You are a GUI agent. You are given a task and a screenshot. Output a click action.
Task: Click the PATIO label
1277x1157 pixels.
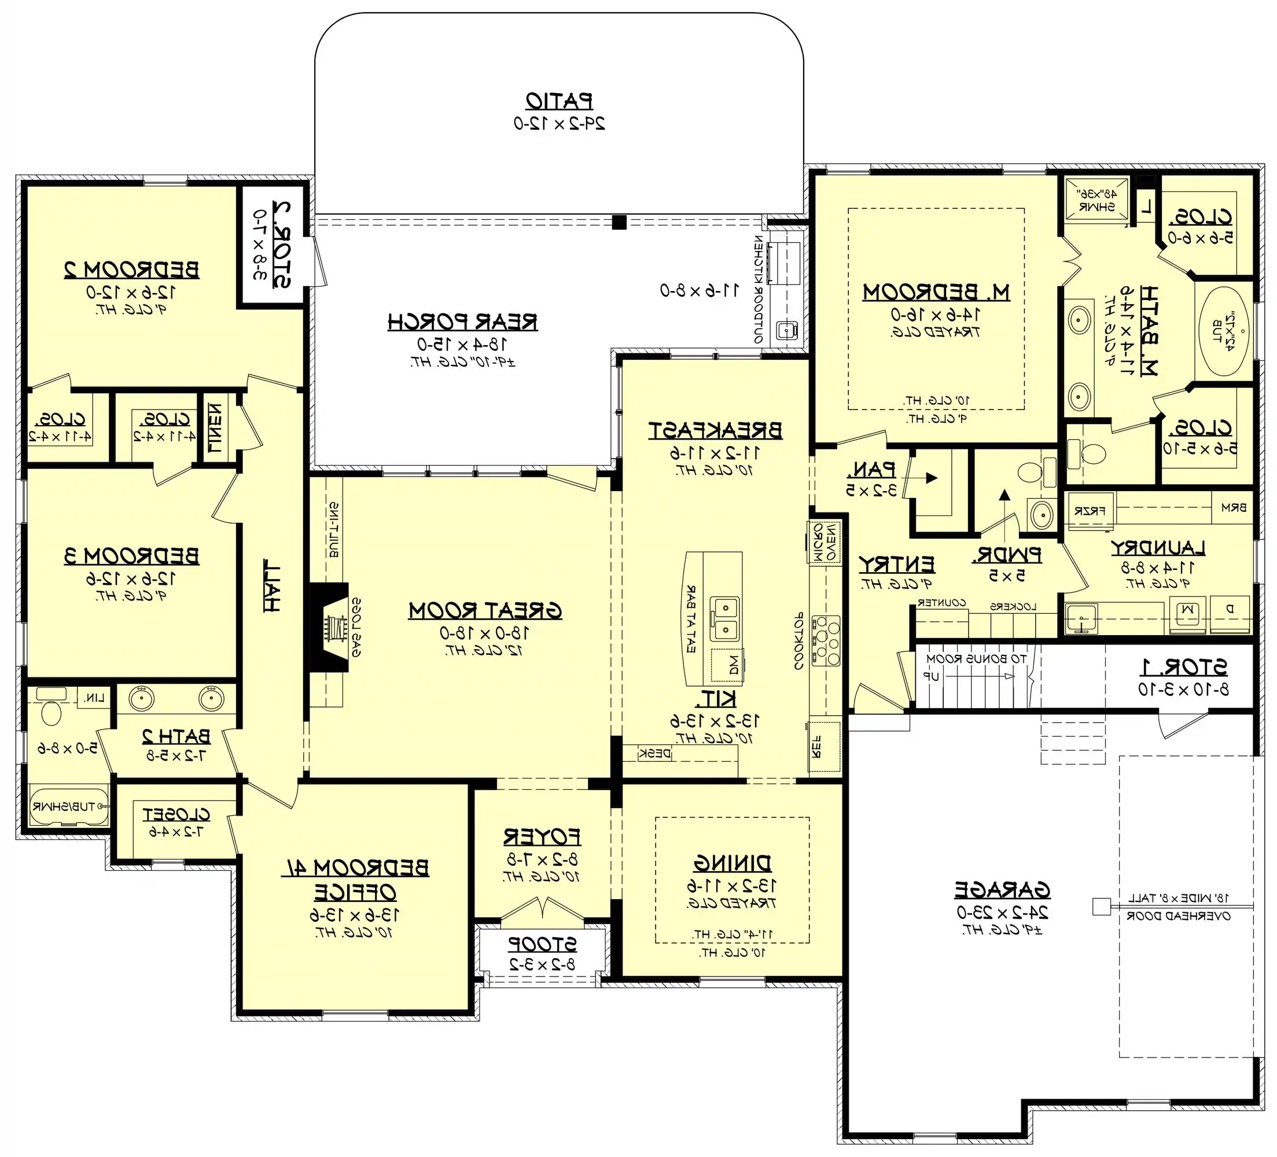(x=559, y=101)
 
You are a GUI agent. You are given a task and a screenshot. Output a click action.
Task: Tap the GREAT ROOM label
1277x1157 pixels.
(x=485, y=610)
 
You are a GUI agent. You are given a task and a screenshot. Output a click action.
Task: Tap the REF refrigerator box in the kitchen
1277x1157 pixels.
(x=824, y=747)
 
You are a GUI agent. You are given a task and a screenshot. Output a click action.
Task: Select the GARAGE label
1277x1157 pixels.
(x=1002, y=890)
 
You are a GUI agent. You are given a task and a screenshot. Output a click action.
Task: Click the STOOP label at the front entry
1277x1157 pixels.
(x=542, y=944)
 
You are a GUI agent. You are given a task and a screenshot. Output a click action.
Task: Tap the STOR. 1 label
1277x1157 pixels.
(x=1183, y=667)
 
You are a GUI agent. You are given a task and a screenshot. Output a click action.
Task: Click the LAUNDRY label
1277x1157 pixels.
(x=1157, y=548)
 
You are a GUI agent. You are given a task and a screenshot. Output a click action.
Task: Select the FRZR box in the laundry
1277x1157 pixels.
(x=1090, y=510)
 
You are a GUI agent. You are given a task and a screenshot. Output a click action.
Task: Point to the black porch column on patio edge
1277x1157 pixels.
(x=620, y=222)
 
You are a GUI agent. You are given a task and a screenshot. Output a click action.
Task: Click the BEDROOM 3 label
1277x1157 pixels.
(x=132, y=556)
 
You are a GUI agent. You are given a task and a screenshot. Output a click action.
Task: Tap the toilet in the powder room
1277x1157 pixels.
(x=1031, y=472)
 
